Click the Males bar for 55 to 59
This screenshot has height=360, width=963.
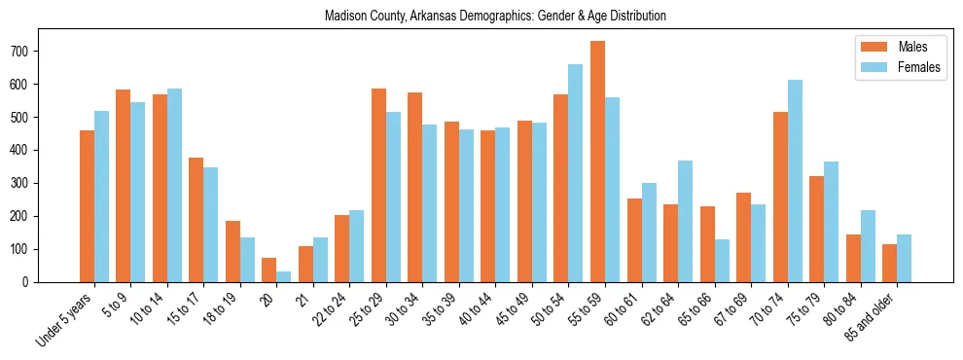tap(597, 162)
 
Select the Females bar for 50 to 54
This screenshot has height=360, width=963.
tap(576, 173)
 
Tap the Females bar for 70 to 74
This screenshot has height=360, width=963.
tap(795, 181)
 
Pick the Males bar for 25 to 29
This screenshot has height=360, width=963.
tap(378, 185)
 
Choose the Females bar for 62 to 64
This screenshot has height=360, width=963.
tap(685, 221)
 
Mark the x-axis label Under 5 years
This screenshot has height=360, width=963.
tap(65, 318)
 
